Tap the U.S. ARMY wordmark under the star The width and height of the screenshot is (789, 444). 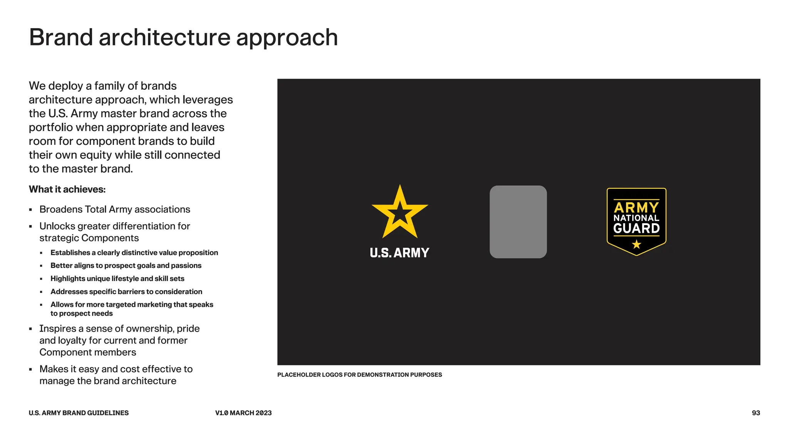400,253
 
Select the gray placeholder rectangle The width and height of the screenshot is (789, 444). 518,222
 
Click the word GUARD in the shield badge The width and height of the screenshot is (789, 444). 636,229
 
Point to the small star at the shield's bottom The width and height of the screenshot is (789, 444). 636,244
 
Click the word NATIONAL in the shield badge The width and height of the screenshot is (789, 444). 636,218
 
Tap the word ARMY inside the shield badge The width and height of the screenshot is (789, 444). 636,208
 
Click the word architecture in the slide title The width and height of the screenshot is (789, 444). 165,37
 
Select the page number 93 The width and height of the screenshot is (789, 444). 756,413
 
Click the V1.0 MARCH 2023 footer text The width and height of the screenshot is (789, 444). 243,413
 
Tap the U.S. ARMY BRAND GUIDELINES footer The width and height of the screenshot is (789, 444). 79,413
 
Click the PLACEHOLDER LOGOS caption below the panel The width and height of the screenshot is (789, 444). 359,375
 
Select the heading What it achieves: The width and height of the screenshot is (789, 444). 67,189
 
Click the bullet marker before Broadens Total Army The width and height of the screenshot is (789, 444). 30,210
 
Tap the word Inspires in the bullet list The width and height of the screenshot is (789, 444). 58,329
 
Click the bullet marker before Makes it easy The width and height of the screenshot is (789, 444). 30,369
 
